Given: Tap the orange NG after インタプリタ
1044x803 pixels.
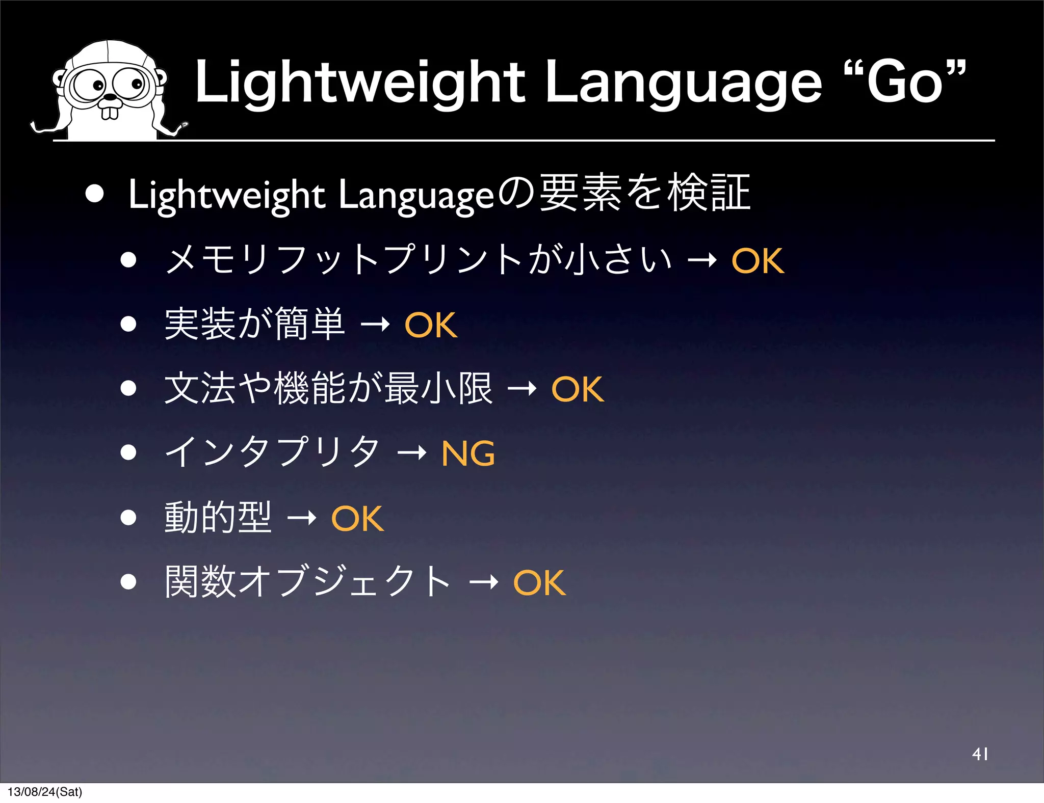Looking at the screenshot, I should click(x=468, y=453).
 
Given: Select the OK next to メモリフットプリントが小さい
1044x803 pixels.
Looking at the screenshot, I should click(x=758, y=261).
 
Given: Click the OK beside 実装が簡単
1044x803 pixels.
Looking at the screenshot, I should click(x=431, y=325).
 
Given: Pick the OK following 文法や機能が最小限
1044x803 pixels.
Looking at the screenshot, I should click(x=578, y=389).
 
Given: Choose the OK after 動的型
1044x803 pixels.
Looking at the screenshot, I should click(x=357, y=519).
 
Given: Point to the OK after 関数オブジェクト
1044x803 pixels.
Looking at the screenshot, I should click(x=539, y=583).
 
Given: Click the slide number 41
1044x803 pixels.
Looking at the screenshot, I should click(x=980, y=754).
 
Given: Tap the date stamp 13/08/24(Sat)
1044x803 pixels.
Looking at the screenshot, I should click(x=45, y=792).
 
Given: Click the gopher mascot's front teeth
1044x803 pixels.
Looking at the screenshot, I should click(x=110, y=112).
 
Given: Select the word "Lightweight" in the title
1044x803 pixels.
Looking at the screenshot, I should click(x=360, y=83).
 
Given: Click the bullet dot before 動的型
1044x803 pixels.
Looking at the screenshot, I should click(x=128, y=518).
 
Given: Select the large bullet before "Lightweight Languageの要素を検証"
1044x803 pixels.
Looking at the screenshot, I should click(x=95, y=194).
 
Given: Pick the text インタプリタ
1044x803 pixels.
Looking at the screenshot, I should click(x=272, y=452).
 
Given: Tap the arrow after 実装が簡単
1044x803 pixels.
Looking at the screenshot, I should click(x=375, y=325).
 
